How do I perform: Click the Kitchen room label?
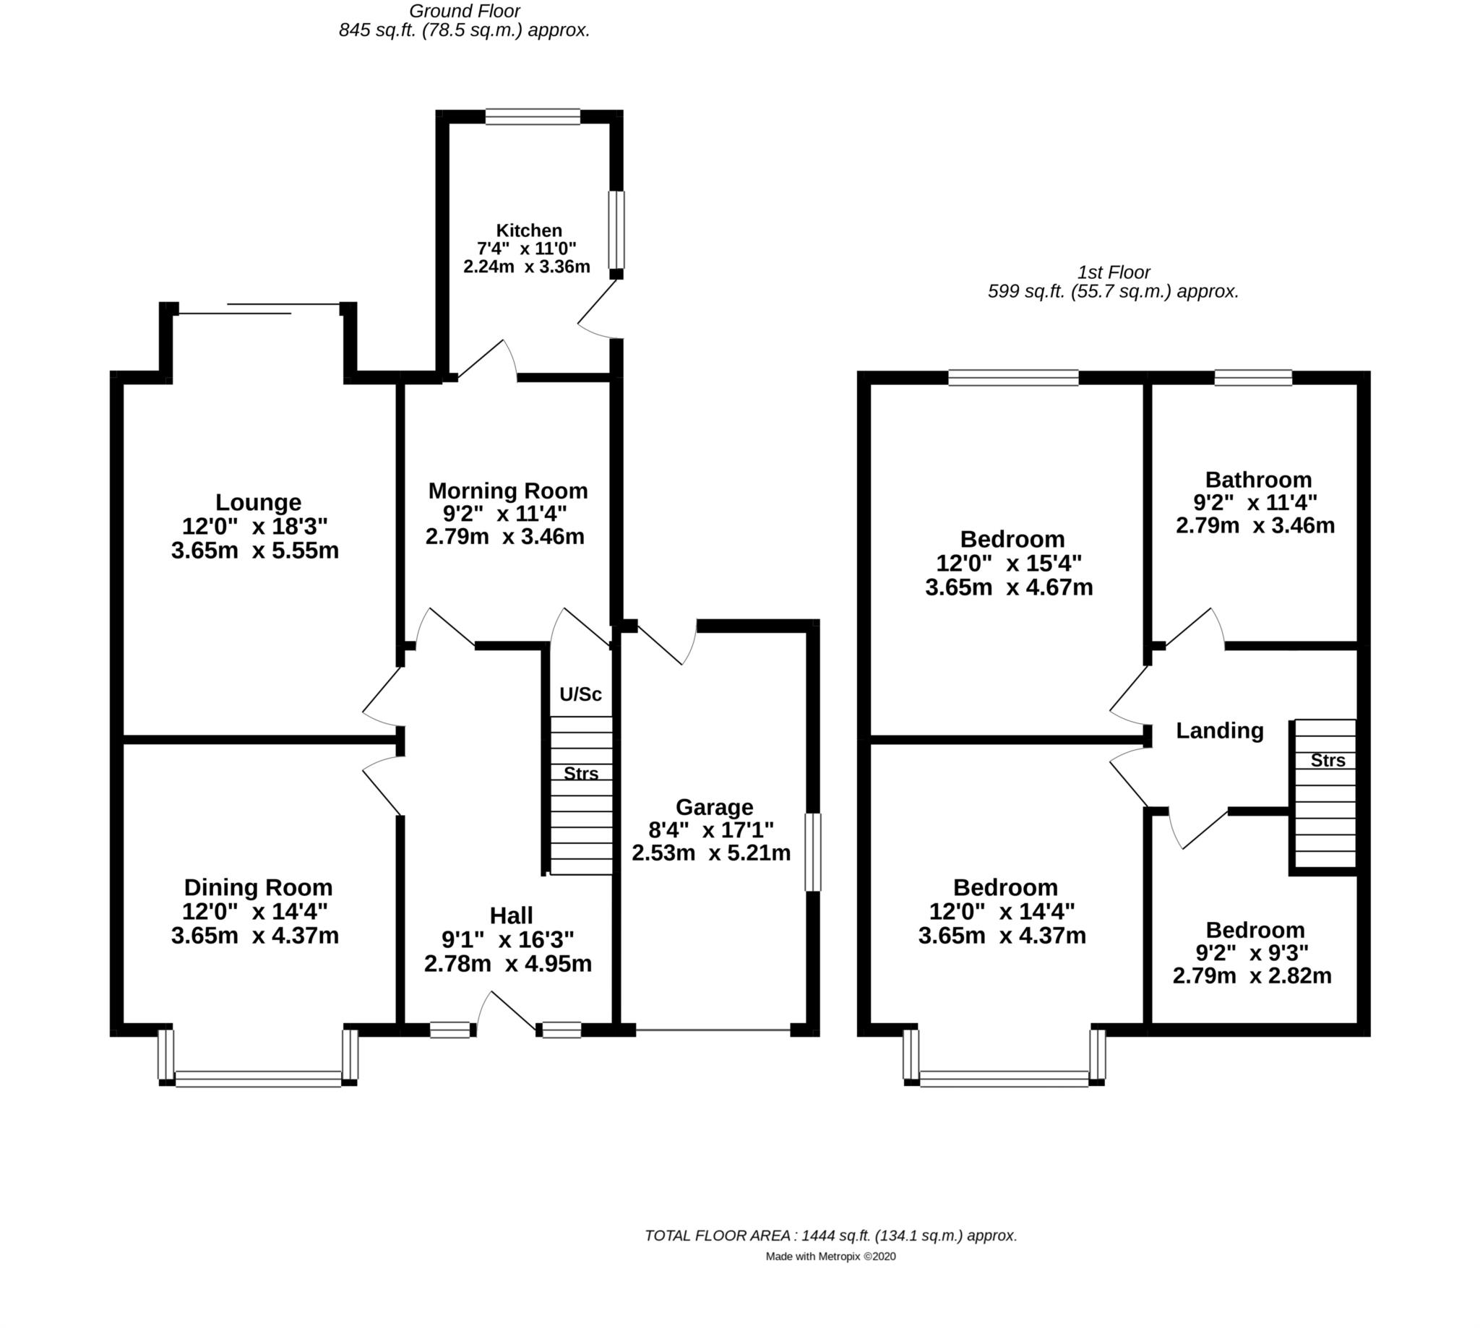click(528, 230)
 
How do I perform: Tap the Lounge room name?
click(257, 502)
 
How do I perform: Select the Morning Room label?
click(507, 491)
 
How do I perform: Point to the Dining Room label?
click(257, 887)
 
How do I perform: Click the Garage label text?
click(714, 807)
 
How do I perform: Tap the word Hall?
click(511, 915)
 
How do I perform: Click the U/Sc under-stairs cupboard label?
click(580, 694)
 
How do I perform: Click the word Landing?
click(1219, 730)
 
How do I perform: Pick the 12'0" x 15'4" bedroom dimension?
click(1009, 564)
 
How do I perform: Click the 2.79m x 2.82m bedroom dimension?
click(1252, 975)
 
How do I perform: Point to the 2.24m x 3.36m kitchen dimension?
click(526, 267)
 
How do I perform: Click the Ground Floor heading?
click(464, 11)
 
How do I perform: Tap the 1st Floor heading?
click(1113, 272)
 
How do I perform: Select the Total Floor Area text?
click(830, 1236)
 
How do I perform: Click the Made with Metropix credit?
click(830, 1256)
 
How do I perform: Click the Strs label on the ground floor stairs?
click(581, 773)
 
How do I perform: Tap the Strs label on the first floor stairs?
click(1328, 760)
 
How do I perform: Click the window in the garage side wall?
click(812, 853)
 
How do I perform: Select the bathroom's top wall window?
click(1253, 377)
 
